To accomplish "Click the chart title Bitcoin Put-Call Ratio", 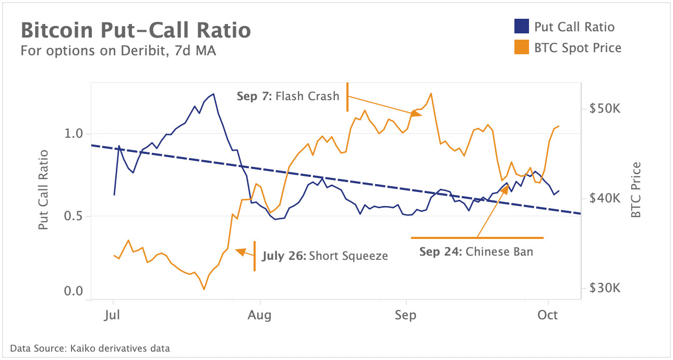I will point(136,30).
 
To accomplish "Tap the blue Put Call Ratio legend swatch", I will point(522,27).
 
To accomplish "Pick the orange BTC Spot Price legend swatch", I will point(522,47).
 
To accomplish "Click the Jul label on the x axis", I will point(113,315).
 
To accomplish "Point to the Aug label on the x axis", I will point(260,315).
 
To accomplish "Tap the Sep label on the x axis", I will point(406,315).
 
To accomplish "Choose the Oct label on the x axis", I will point(548,315).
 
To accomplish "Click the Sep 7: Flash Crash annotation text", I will point(287,96).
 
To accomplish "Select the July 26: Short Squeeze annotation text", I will point(325,256).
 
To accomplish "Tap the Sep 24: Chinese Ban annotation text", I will point(476,251).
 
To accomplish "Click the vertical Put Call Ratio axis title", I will point(44,190).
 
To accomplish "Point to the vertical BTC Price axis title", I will point(635,190).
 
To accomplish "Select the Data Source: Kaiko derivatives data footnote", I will point(90,348).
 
